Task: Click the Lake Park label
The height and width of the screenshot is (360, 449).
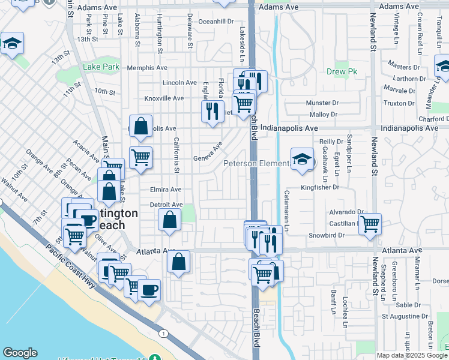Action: (101, 67)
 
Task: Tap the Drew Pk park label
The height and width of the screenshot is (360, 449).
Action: (342, 71)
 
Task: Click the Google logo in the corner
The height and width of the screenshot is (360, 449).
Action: (20, 353)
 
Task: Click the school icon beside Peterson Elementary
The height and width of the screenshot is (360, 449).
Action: (302, 160)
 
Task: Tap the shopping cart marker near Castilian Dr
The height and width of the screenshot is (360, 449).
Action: (370, 224)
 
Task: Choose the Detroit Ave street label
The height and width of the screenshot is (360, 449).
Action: (166, 205)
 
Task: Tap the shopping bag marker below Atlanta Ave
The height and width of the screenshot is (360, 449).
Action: (178, 262)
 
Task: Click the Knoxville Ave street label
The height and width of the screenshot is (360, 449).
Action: (164, 98)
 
